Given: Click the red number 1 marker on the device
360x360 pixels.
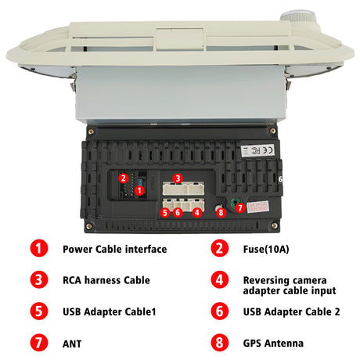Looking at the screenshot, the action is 139,190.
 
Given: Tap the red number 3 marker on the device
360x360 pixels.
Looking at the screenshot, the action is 178,178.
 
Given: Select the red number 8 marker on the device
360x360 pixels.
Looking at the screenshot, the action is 221,212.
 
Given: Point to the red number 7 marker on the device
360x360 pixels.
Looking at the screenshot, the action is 240,207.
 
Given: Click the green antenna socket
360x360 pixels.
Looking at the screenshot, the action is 235,202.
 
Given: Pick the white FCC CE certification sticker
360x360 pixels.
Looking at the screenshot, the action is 257,150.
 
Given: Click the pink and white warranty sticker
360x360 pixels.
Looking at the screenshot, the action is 257,207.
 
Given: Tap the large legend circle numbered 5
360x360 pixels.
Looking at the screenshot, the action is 39,311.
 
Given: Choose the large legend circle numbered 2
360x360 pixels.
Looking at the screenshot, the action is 220,248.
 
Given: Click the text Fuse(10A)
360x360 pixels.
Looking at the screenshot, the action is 266,249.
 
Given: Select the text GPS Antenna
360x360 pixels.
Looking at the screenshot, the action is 273,343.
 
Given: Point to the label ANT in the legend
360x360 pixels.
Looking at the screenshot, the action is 72,344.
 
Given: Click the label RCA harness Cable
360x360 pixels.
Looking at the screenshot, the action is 106,280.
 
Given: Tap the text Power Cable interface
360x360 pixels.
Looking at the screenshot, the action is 115,249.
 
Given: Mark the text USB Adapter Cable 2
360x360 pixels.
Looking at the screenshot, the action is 291,311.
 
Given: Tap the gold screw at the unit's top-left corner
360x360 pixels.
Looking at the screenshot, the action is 91,131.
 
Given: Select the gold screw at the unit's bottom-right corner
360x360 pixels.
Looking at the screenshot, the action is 275,225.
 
